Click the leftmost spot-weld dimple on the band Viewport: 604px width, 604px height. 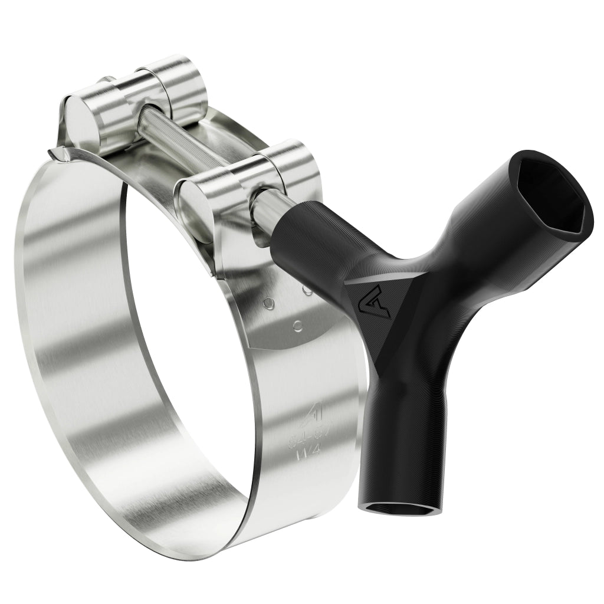click(269, 303)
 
